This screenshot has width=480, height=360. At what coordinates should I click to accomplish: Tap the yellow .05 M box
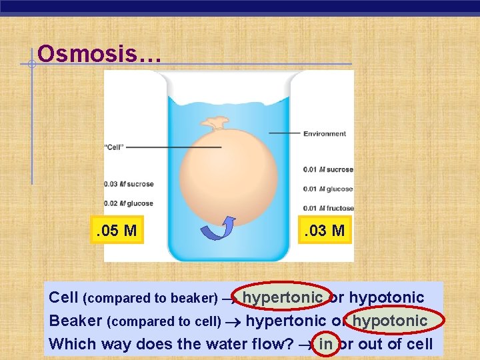[117, 231]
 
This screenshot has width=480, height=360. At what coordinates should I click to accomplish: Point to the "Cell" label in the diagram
[114, 147]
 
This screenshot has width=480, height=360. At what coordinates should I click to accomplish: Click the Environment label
[324, 133]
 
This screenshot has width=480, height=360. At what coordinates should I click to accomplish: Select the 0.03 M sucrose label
[129, 184]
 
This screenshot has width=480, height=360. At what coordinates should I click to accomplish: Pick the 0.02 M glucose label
[129, 203]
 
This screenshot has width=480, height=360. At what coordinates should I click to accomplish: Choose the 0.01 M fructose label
[326, 209]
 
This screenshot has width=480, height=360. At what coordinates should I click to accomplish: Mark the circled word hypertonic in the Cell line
[283, 297]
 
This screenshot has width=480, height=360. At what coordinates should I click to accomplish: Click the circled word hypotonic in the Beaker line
[390, 321]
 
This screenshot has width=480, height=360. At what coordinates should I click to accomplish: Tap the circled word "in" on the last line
[326, 345]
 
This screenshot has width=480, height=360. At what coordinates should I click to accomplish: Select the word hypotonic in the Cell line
[387, 297]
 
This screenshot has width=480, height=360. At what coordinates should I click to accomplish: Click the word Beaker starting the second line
[75, 321]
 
